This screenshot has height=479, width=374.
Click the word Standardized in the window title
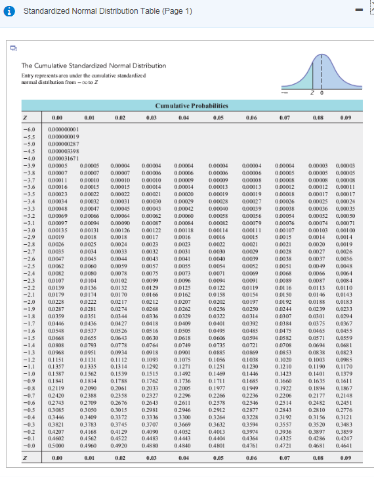click(45, 11)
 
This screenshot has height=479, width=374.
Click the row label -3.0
click(25, 230)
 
